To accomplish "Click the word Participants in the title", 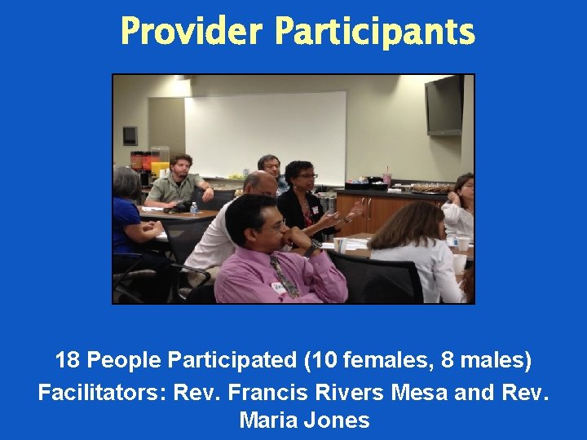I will click(x=374, y=33).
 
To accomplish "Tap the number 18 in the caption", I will click(x=68, y=359).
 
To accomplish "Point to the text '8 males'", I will click(x=483, y=359).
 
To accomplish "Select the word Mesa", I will click(x=419, y=392).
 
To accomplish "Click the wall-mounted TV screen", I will click(x=444, y=104).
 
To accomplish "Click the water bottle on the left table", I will click(x=193, y=209).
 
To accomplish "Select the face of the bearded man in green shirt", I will click(x=181, y=168).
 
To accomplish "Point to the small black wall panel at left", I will click(x=130, y=135).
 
